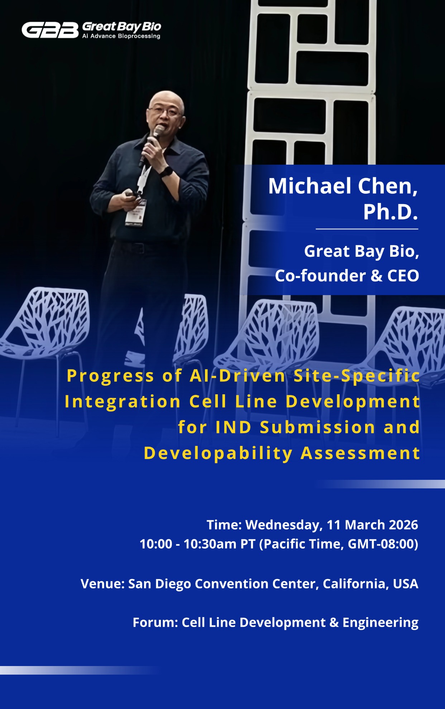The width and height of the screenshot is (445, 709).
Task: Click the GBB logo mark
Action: [50, 30]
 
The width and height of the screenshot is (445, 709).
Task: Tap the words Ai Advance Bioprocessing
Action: [121, 36]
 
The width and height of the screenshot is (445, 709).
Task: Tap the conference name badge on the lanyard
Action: [136, 213]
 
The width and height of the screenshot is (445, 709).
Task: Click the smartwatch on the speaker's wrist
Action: [166, 172]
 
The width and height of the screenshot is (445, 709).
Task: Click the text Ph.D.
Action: [391, 212]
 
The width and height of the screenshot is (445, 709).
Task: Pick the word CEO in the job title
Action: [403, 276]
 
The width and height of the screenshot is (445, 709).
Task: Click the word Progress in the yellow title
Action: [110, 376]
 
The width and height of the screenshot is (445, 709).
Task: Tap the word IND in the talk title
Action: [233, 427]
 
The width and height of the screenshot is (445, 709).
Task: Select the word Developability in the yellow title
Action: [218, 453]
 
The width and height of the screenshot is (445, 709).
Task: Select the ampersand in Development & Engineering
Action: [334, 623]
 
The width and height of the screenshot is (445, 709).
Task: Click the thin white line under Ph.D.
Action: [367, 229]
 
